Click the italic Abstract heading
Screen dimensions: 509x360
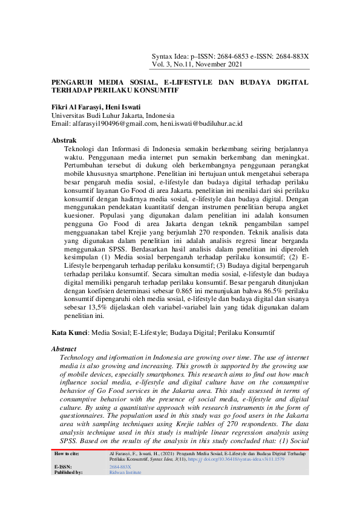[64, 349]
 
